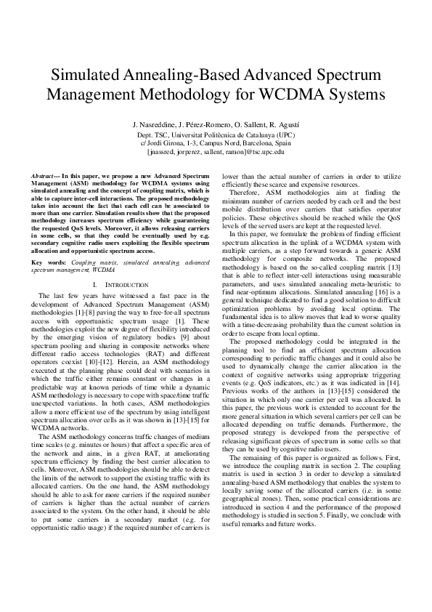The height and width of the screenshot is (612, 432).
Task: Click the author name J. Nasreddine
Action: [x=155, y=125]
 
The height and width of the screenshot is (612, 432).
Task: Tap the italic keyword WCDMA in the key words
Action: [x=103, y=249]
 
